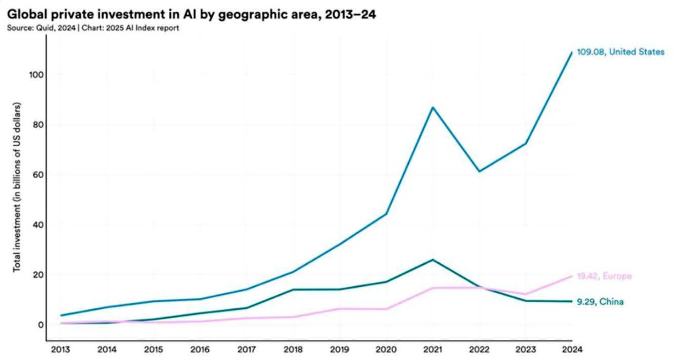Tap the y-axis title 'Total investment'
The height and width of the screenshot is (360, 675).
(17, 187)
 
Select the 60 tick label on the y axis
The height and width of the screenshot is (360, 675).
(36, 175)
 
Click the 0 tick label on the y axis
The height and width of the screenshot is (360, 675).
(38, 325)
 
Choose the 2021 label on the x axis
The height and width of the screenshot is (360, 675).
(432, 350)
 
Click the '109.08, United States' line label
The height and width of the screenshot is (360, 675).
(621, 52)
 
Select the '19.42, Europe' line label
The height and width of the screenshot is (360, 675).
(604, 276)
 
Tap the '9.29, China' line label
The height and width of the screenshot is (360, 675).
(600, 302)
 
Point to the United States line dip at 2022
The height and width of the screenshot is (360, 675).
(479, 172)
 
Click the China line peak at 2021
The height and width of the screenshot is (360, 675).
(432, 260)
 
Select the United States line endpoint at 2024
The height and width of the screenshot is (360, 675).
(572, 52)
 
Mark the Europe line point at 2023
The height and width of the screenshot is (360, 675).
(525, 294)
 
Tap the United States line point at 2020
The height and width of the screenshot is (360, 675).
(386, 214)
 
